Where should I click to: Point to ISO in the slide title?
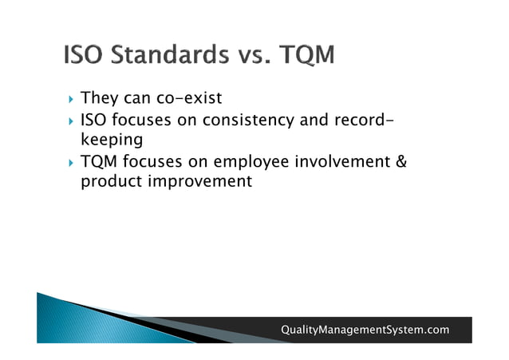click(x=84, y=56)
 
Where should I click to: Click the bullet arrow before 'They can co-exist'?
click(x=70, y=100)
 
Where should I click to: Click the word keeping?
click(x=111, y=140)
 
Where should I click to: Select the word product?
click(x=111, y=181)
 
